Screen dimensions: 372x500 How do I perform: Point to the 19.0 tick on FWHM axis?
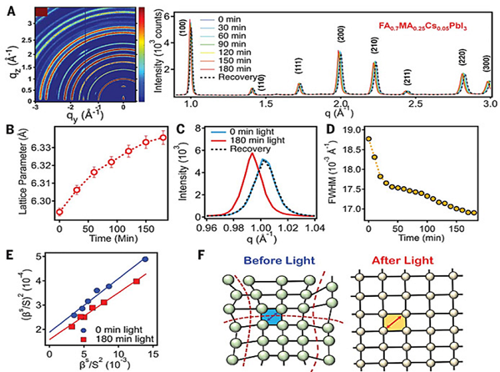pyautogui.click(x=351, y=130)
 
